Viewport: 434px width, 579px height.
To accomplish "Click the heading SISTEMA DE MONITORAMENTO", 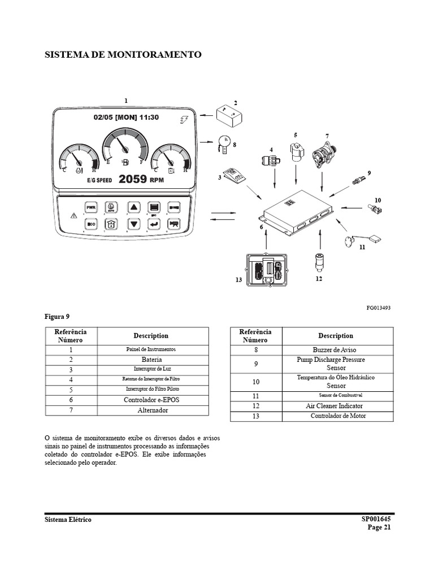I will tap(123, 55).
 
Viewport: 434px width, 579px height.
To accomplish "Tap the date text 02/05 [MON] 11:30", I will tap(127, 118).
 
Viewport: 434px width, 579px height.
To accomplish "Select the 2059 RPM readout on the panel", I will tap(141, 180).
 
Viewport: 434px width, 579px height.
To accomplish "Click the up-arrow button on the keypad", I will tap(133, 208).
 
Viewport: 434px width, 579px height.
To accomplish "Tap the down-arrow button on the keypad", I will tap(133, 224).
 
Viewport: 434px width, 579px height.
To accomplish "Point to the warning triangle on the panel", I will tap(72, 215).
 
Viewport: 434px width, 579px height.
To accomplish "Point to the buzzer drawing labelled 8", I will tap(223, 143).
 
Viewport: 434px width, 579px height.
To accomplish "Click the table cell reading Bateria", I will tap(152, 360).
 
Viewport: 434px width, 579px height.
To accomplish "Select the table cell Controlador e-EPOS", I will tap(152, 400).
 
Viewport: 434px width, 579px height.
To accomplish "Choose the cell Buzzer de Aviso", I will tap(335, 350).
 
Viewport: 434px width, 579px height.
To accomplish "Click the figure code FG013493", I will tap(378, 308).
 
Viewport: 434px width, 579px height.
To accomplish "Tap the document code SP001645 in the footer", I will tap(376, 519).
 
